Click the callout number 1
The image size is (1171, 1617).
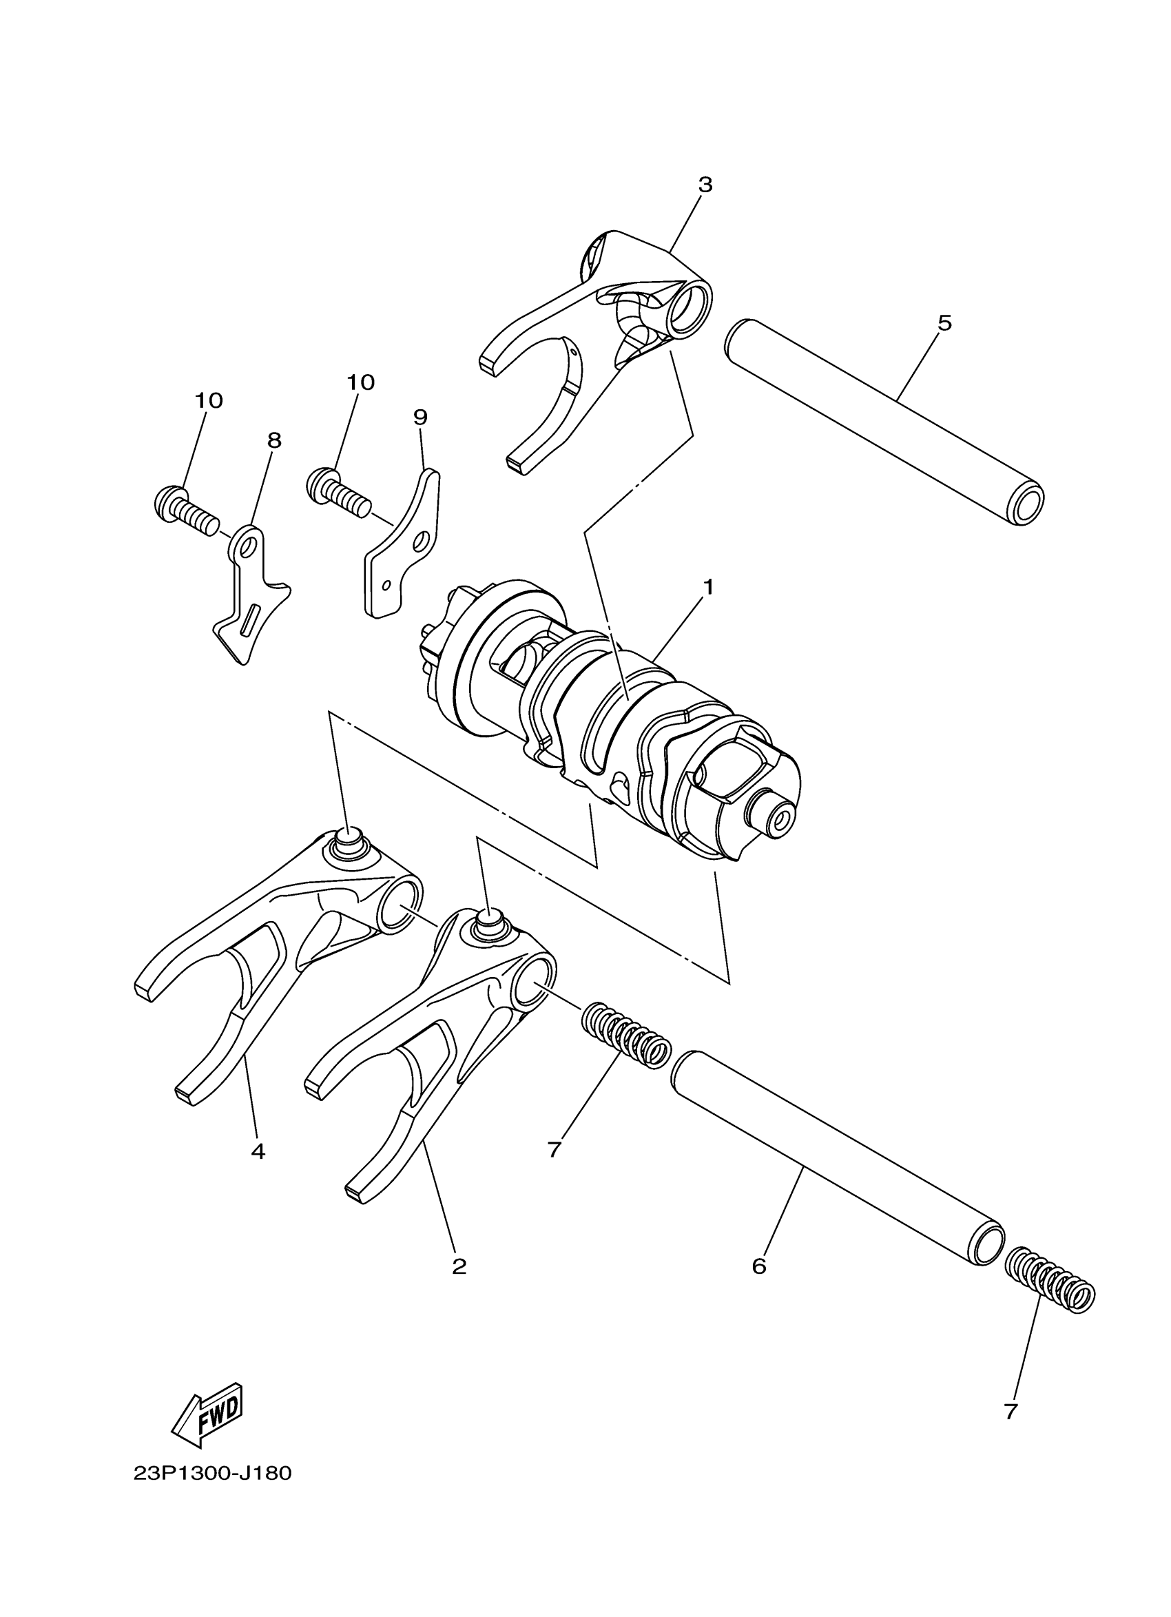[x=707, y=587]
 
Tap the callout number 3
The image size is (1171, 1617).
[x=705, y=185]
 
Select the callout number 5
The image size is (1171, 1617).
[x=944, y=323]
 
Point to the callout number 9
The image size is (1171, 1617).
[x=419, y=417]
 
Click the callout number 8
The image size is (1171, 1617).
[x=274, y=440]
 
